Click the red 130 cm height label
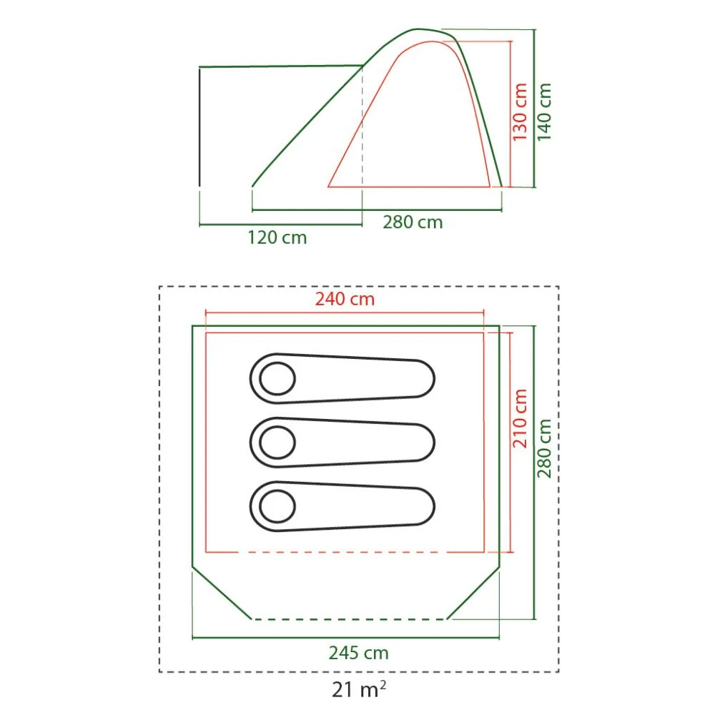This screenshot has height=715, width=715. pos(520,112)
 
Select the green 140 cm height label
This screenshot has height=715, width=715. pos(545,112)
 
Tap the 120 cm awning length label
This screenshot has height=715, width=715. pos(277,237)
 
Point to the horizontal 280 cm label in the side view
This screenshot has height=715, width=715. pos(413,222)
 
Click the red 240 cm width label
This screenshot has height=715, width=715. pos(345,299)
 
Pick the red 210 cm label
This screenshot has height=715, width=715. pos(520,418)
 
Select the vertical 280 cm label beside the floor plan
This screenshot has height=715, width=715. pos(546,448)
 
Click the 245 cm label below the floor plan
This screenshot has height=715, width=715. pos(358,653)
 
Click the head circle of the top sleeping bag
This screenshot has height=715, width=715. pos(277,378)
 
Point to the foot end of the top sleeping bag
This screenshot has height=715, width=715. pos(422,378)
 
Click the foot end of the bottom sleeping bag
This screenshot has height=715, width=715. pos(422,508)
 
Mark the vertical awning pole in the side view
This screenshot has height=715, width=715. pos(199,126)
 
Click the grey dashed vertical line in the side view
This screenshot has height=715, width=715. pos(363,129)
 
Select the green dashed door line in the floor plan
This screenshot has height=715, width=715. pos(350,619)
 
